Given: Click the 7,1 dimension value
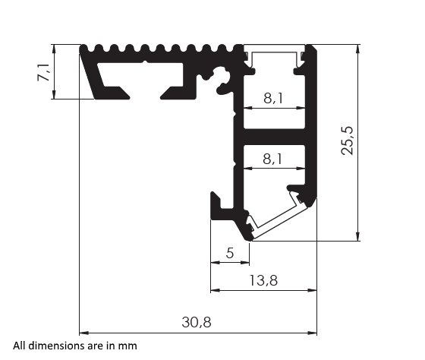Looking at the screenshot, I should point(44,73).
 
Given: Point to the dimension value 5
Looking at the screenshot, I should point(230,253).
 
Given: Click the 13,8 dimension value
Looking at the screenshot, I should point(263,280).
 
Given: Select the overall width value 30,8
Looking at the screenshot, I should point(196,322).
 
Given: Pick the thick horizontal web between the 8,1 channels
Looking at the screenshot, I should point(273,137).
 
